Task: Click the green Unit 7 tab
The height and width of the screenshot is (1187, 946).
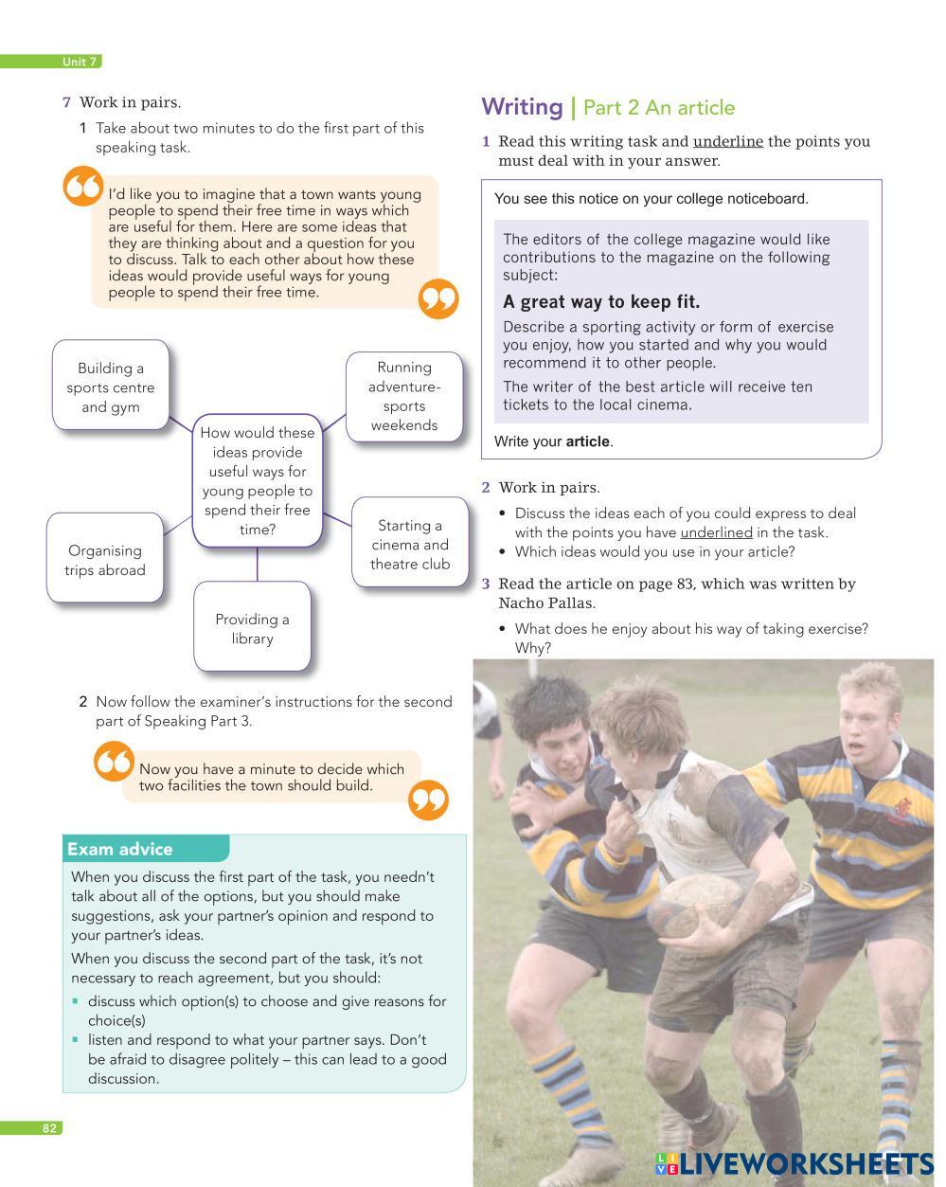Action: click(80, 62)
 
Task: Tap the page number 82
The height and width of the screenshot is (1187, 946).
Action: click(49, 1127)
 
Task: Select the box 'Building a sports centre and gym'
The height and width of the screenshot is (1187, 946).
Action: click(110, 387)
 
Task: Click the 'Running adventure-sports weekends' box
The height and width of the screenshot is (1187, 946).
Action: click(404, 396)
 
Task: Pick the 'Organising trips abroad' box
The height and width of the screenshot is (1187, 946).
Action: click(105, 560)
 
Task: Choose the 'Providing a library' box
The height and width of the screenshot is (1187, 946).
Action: click(252, 628)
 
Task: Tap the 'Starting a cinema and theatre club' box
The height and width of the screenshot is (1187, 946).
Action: click(409, 544)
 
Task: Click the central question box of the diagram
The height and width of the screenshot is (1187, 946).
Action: click(257, 480)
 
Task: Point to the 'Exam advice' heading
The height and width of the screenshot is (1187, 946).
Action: click(120, 849)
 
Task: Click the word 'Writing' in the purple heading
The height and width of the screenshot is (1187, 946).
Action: click(522, 107)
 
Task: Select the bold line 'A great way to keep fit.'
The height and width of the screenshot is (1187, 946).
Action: click(601, 302)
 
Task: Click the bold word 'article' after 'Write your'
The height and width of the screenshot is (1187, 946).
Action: click(587, 441)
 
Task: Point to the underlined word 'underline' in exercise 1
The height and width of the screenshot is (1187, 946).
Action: click(727, 141)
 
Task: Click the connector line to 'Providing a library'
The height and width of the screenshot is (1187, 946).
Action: click(257, 565)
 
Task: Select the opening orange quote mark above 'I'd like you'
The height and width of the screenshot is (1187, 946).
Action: click(82, 186)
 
